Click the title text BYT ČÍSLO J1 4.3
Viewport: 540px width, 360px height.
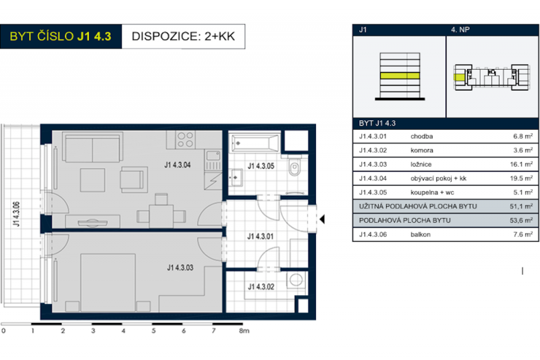(x=61, y=36)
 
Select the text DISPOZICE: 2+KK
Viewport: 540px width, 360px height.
(x=183, y=36)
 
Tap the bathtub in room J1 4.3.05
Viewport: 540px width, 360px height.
(x=254, y=143)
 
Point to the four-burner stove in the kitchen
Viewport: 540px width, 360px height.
(x=186, y=140)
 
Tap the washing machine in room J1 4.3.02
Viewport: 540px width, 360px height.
(x=294, y=280)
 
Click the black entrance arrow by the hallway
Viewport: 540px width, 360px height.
(x=322, y=219)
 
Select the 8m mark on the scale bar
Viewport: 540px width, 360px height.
(x=244, y=332)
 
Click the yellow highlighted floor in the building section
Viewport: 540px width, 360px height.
(x=399, y=76)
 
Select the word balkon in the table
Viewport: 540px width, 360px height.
(x=420, y=234)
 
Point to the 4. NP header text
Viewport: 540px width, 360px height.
(x=460, y=30)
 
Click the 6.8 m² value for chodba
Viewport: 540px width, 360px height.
(x=524, y=135)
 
